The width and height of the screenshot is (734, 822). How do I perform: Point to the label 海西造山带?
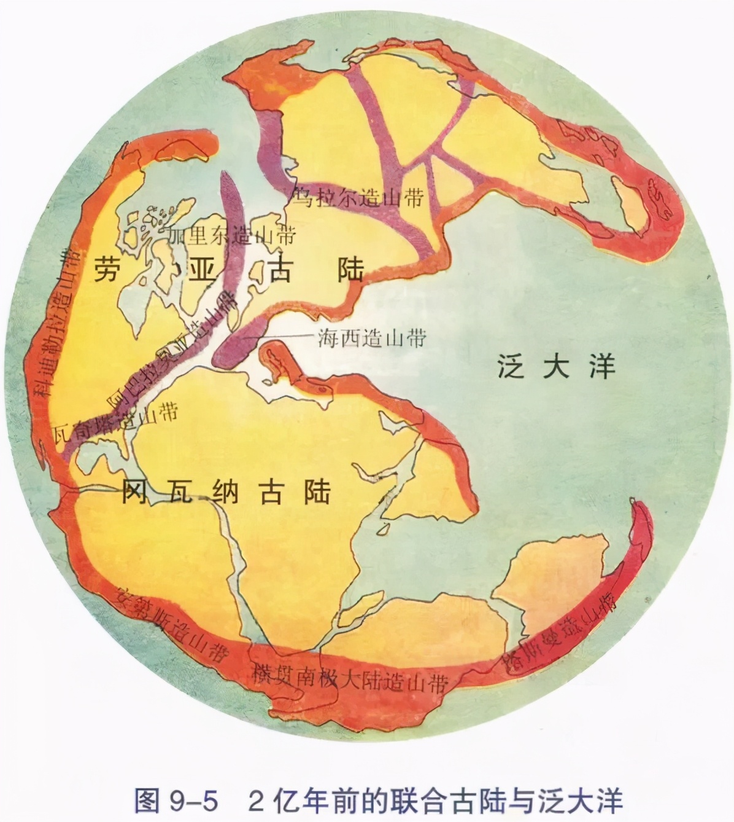click(372, 337)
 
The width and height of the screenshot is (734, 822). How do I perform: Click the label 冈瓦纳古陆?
click(226, 491)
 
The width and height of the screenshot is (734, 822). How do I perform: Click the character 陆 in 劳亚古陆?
click(350, 270)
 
